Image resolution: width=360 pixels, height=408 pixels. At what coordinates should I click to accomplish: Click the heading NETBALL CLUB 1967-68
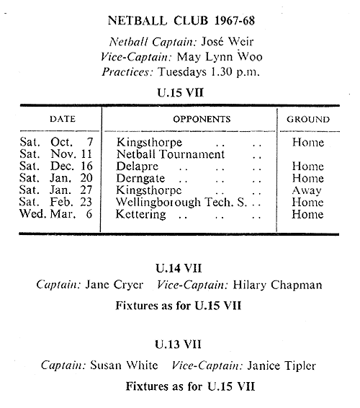pos(181,21)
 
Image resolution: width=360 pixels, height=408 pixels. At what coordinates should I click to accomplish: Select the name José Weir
pos(228,42)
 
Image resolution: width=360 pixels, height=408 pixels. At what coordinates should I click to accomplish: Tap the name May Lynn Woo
pos(220,57)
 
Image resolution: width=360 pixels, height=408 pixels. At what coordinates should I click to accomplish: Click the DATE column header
pos(63,119)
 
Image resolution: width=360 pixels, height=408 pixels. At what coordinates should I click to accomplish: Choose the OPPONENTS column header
pos(202,119)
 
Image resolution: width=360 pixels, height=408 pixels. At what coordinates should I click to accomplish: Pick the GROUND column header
pos(308,120)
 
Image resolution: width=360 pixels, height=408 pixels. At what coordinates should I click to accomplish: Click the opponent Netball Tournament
pos(171,154)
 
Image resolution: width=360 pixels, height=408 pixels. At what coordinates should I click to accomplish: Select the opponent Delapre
pos(137,167)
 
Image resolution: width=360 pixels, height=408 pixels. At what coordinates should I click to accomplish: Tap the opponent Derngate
pos(140,179)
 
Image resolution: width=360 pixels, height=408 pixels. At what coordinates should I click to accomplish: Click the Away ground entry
pos(307,191)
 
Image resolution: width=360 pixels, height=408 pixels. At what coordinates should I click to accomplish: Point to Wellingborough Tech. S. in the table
pos(181,202)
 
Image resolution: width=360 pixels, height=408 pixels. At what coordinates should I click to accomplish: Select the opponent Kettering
pos(140,214)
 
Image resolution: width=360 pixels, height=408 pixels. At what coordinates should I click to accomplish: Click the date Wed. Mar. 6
pos(56,214)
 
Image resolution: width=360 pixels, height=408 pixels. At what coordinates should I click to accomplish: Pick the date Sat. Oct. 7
pos(56,142)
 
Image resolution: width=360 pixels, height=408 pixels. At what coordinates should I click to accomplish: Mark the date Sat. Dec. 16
pos(56,166)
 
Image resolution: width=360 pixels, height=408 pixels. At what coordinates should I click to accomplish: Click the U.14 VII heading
pos(179,268)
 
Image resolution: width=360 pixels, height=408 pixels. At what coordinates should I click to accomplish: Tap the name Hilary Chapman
pos(277,285)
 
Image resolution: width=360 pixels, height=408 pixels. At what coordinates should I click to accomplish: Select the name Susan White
pos(124,365)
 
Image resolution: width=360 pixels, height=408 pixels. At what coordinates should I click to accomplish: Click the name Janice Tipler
pos(282,365)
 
